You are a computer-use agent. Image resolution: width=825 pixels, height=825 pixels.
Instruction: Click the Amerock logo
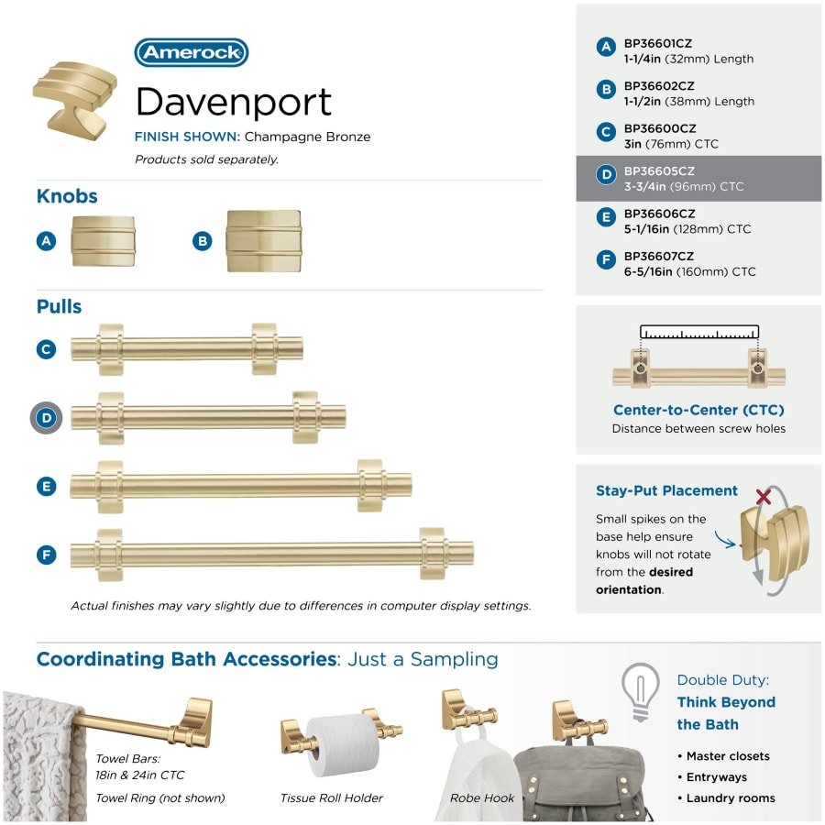(x=191, y=52)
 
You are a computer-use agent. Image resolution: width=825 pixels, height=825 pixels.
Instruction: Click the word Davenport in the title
(x=234, y=102)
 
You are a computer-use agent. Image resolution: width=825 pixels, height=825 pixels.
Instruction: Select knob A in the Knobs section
(x=103, y=241)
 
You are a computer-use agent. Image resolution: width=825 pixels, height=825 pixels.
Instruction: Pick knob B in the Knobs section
(x=264, y=241)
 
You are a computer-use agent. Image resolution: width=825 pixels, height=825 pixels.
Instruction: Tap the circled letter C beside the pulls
(x=47, y=349)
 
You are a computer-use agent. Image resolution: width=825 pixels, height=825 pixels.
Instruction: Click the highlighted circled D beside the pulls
(x=47, y=418)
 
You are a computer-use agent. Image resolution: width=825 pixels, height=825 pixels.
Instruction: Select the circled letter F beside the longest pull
(x=47, y=555)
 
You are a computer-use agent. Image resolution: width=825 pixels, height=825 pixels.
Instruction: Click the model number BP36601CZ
(x=657, y=44)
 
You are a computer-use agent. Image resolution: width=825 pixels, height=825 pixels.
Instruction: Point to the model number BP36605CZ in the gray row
(x=659, y=171)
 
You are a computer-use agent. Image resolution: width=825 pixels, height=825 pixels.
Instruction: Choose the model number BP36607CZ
(x=659, y=257)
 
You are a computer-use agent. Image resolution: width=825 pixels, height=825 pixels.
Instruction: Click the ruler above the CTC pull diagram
(x=699, y=332)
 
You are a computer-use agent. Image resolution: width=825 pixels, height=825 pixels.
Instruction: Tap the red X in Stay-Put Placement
(x=764, y=496)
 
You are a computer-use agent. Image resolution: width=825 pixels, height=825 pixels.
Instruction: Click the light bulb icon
(x=641, y=692)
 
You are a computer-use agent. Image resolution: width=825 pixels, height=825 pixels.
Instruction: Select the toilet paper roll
(x=342, y=745)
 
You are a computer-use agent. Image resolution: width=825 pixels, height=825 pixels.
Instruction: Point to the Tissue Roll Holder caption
(x=332, y=798)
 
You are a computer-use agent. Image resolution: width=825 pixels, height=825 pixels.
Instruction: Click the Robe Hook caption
(x=482, y=798)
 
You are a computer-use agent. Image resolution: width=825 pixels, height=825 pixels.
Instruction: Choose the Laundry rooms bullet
(x=726, y=798)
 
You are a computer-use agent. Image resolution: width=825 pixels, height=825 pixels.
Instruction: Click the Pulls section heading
(x=59, y=306)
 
